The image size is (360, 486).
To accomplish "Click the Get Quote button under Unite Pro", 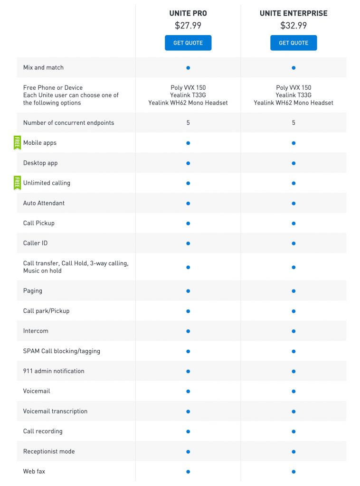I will [188, 43].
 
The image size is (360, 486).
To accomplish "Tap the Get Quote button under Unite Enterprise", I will [294, 43].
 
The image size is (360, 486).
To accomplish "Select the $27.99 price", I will [188, 26].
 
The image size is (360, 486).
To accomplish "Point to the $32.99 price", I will [294, 26].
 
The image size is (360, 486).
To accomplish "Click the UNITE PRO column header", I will [188, 13].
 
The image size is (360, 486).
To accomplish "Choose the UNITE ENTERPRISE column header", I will [294, 13].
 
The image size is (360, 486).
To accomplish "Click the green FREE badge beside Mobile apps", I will [17, 142].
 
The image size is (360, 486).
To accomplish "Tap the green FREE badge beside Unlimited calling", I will [17, 183].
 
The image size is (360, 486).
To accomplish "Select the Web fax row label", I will [34, 471].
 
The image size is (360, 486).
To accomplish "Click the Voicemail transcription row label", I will [55, 411].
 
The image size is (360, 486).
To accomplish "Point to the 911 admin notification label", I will [54, 371].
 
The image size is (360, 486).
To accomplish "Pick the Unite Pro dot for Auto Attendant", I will [188, 203].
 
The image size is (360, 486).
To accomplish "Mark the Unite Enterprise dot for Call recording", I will [294, 431].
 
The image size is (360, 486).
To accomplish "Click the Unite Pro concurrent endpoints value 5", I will [188, 123].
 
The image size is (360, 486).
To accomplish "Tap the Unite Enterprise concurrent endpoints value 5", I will [294, 123].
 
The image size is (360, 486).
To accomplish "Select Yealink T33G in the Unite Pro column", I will [188, 95].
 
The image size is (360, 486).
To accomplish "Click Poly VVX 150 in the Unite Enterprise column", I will [294, 88].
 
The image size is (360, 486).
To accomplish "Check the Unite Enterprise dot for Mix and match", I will [294, 68].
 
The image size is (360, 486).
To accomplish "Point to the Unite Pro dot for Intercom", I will [188, 331].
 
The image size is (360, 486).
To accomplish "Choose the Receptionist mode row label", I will [49, 451].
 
